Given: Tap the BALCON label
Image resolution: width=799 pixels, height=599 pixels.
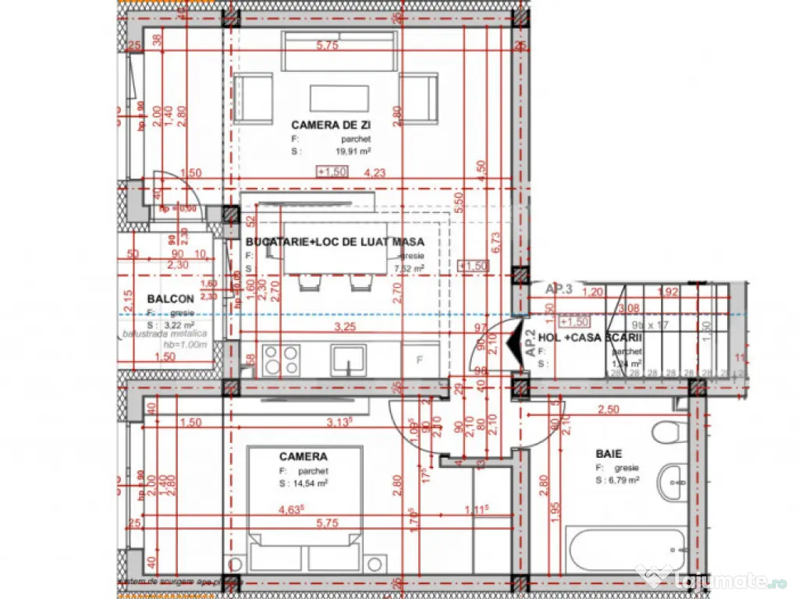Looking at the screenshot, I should click(x=170, y=299).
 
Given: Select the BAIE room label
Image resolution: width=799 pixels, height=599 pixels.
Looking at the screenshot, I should click(x=610, y=452).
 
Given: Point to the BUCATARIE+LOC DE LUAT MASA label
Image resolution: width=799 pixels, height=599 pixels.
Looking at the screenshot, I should click(x=335, y=242).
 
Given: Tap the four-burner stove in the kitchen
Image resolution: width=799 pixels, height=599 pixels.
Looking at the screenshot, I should click(x=280, y=360).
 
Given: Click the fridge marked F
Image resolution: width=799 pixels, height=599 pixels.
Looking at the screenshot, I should click(x=420, y=360).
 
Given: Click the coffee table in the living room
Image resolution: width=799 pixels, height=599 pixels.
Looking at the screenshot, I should click(x=339, y=98).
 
